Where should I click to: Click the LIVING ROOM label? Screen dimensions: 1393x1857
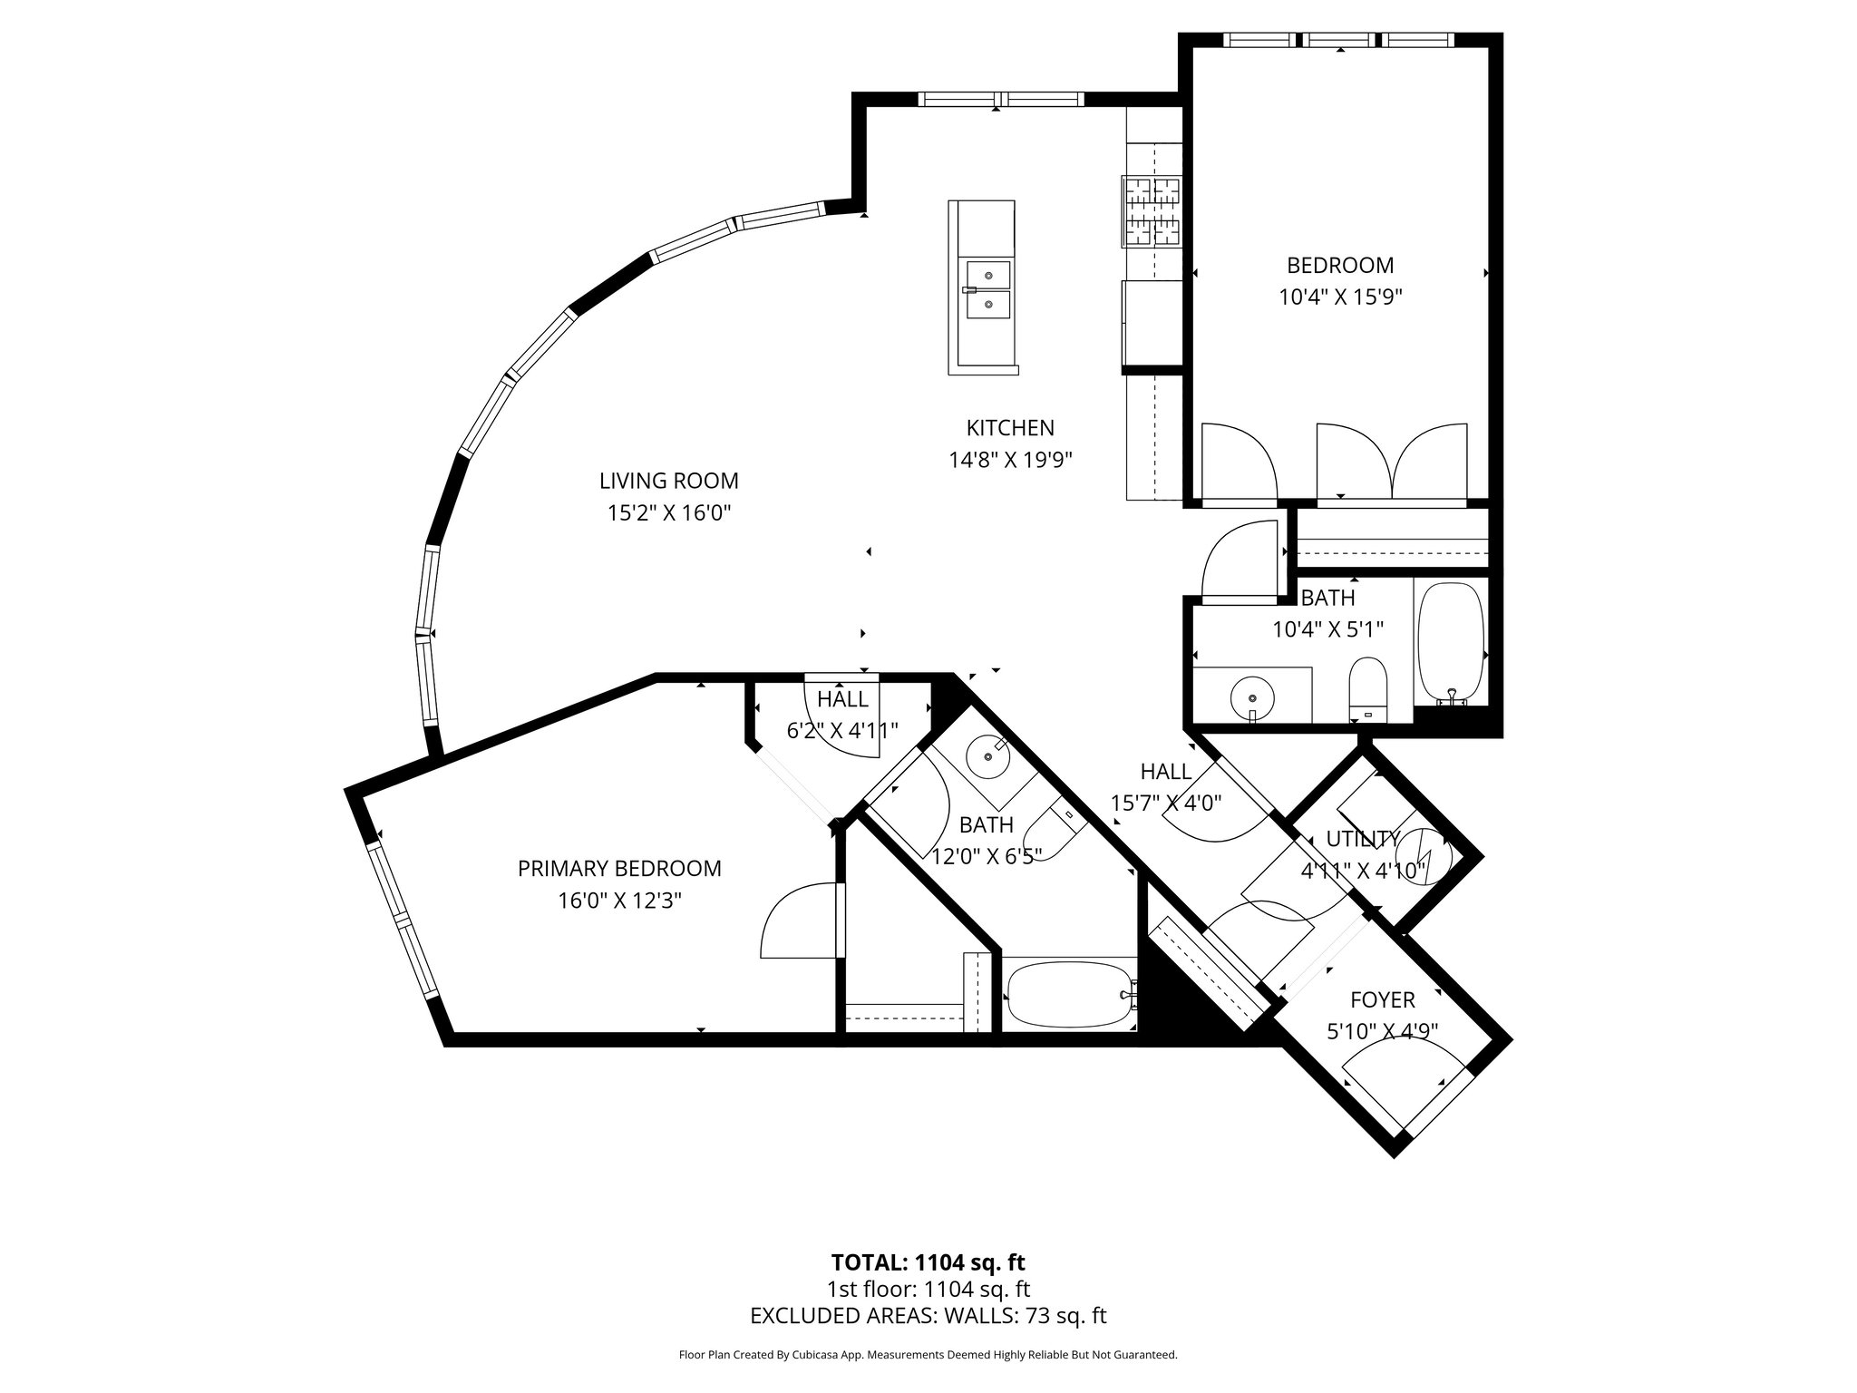click(x=668, y=481)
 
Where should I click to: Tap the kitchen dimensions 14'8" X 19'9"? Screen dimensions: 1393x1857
click(x=1010, y=460)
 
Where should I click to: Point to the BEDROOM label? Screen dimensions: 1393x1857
click(x=1340, y=266)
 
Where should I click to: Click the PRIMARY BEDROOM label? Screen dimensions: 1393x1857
click(x=619, y=869)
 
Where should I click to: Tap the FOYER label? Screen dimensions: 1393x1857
click(x=1382, y=999)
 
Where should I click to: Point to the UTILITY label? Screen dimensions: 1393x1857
click(x=1363, y=839)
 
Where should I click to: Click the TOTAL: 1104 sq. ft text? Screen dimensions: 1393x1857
click(x=928, y=1262)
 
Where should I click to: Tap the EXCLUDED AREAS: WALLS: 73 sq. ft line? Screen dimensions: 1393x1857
click(x=928, y=1316)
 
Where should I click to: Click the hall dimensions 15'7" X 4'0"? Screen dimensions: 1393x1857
click(x=1166, y=803)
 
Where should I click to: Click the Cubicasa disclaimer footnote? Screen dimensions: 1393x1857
click(x=928, y=1355)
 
